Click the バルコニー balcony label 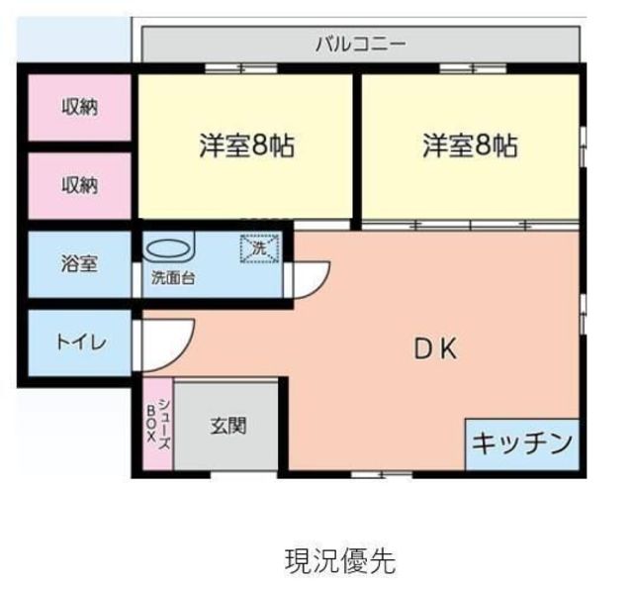tap(360, 45)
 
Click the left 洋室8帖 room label tap(246, 147)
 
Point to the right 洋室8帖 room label tap(470, 147)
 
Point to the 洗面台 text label tap(172, 278)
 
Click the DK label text tap(434, 348)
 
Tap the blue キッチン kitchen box tap(521, 442)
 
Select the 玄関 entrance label tap(228, 427)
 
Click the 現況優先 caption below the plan tap(339, 561)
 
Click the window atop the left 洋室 tap(241, 68)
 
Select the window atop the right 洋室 tap(473, 68)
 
